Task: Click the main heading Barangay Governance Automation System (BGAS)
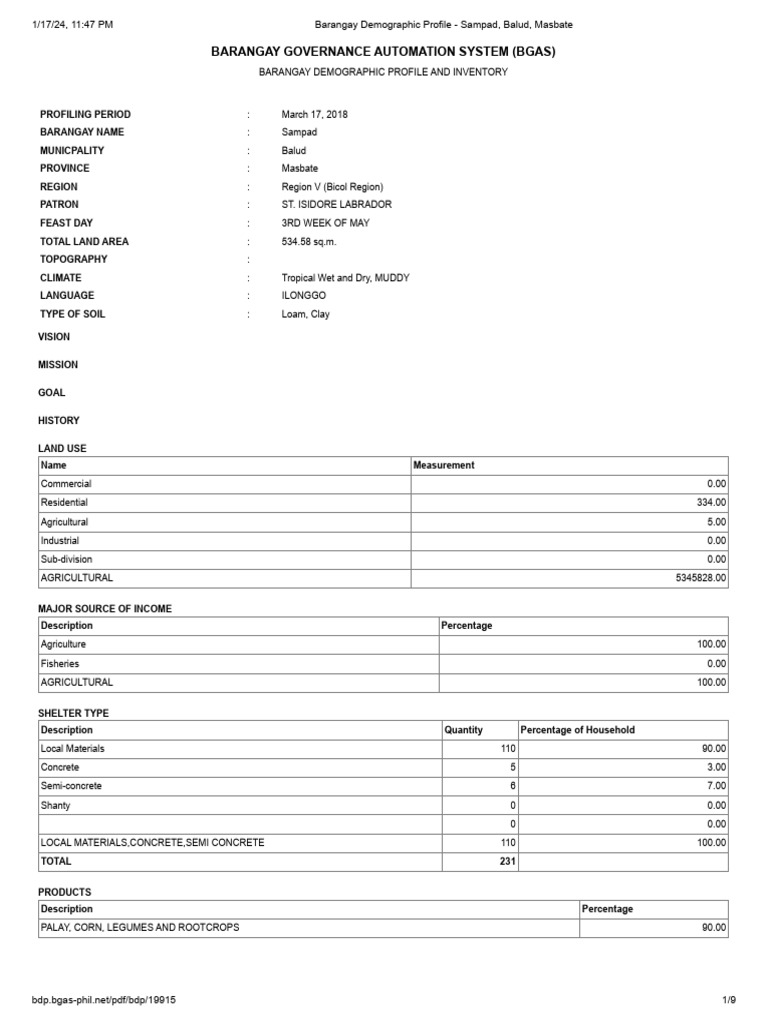[383, 51]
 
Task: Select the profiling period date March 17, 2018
[315, 114]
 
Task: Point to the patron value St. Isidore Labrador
[336, 204]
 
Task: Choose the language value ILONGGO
[304, 295]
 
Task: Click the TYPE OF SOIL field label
[72, 314]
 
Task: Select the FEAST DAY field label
[66, 223]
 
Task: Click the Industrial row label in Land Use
[60, 541]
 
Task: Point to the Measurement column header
[444, 465]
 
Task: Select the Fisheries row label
[60, 664]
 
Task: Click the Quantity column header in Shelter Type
[463, 730]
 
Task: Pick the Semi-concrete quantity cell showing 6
[511, 786]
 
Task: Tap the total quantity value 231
[507, 861]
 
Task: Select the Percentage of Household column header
[577, 730]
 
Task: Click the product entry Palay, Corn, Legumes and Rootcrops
[140, 927]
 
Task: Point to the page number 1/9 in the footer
[729, 1000]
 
